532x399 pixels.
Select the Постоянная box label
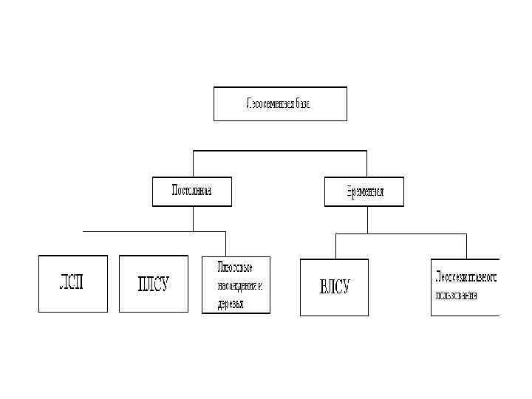pyautogui.click(x=192, y=191)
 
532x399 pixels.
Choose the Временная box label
pyautogui.click(x=364, y=191)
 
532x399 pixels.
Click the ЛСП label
pyautogui.click(x=72, y=284)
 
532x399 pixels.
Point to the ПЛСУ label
pyautogui.click(x=153, y=284)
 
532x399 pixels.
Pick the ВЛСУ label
pyautogui.click(x=334, y=287)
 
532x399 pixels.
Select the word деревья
pyautogui.click(x=231, y=304)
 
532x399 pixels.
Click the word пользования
pyautogui.click(x=455, y=296)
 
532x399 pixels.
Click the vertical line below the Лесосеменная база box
pyautogui.click(x=280, y=135)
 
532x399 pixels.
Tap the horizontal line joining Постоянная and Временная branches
pyautogui.click(x=280, y=151)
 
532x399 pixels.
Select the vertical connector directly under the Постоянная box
pyautogui.click(x=193, y=218)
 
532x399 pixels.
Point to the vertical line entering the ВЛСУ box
pyautogui.click(x=335, y=246)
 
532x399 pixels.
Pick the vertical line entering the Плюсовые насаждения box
pyautogui.click(x=225, y=244)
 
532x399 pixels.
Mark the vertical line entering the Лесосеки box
pyautogui.click(x=465, y=246)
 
